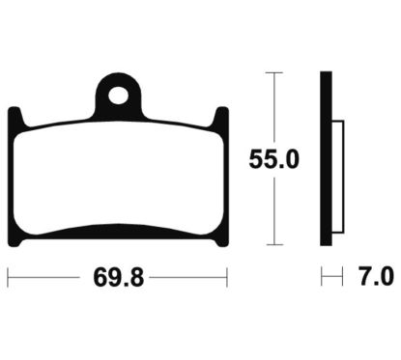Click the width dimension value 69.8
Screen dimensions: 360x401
(117, 279)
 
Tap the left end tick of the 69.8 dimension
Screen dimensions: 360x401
(9, 279)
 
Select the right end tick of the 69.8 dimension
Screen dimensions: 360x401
(226, 279)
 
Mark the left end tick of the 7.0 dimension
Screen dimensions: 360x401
(322, 279)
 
